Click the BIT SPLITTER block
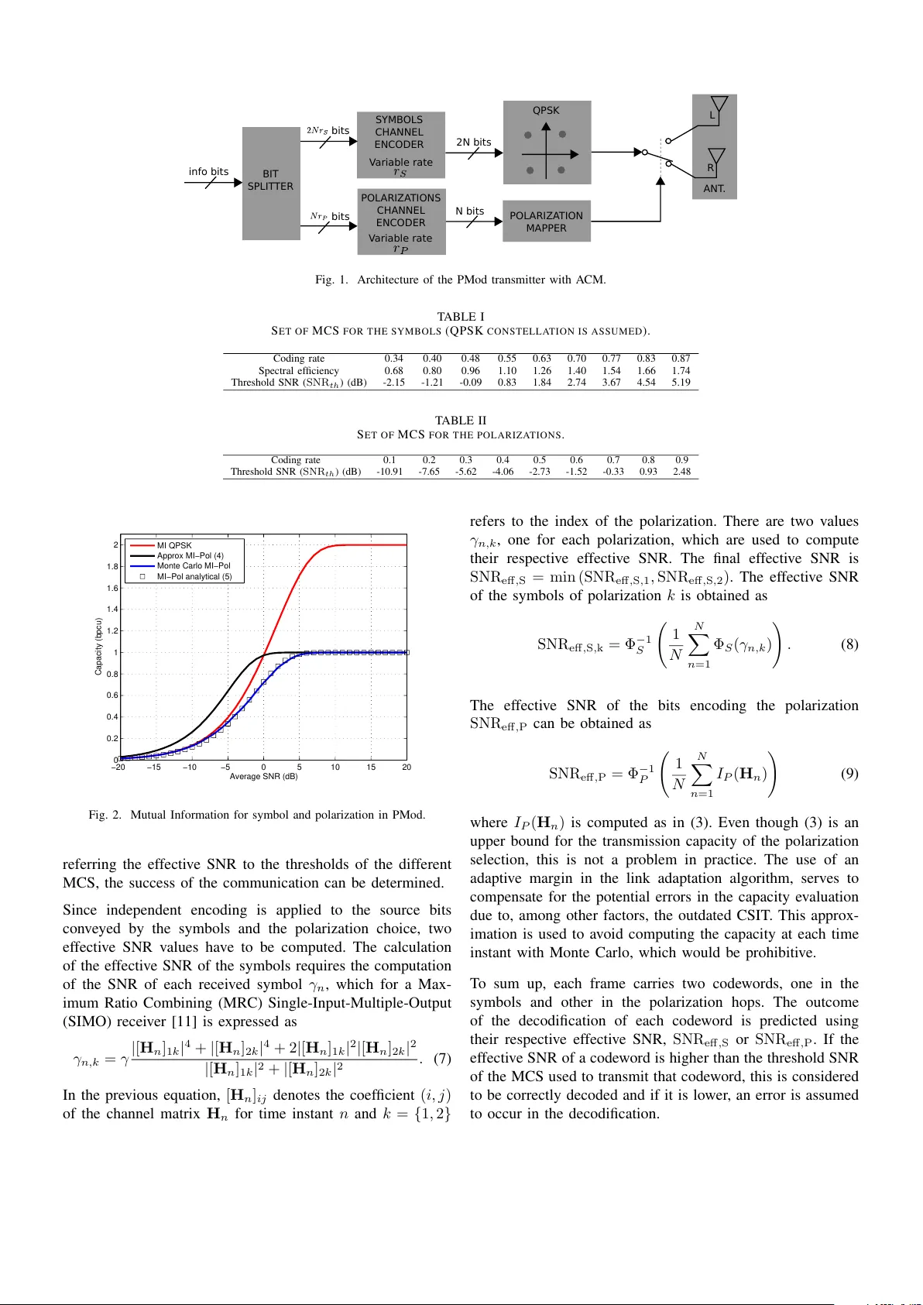270,183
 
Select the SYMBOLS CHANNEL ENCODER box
400,143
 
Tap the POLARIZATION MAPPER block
546,222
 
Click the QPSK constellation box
547,143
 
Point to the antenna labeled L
719,108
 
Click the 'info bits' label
208,172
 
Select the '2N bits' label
473,142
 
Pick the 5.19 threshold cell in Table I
681,383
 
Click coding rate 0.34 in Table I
393,359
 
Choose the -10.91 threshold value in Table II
389,472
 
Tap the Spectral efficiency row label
298,371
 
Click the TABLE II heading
460,421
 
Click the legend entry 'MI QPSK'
174,545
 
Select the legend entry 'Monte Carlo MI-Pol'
194,566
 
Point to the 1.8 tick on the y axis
113,567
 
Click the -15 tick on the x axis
154,768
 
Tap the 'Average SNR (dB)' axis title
263,777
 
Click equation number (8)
849,644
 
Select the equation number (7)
441,1059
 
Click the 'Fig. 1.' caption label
331,280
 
